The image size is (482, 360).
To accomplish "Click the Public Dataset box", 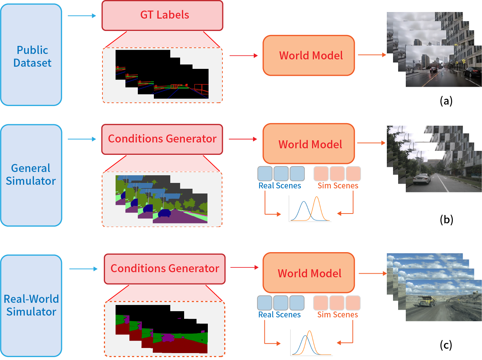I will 31,55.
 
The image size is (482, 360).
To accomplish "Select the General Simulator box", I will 31,175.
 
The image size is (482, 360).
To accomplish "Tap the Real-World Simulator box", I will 31,305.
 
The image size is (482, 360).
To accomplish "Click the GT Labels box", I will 162,15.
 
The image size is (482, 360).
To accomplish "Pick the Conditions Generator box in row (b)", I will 162,139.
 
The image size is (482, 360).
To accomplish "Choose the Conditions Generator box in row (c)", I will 164,269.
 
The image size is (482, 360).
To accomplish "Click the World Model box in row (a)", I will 308,55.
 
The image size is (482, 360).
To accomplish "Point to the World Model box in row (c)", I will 308,273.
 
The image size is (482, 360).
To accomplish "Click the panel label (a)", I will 446,101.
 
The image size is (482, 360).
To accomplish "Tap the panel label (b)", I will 446,219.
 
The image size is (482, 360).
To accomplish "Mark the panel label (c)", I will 446,345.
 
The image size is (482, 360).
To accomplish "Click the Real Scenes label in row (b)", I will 280,186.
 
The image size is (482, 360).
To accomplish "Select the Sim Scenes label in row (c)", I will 337,315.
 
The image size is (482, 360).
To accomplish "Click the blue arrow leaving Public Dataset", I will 82,16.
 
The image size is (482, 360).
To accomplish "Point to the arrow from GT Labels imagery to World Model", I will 243,55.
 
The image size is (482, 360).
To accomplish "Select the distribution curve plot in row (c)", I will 311,343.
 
